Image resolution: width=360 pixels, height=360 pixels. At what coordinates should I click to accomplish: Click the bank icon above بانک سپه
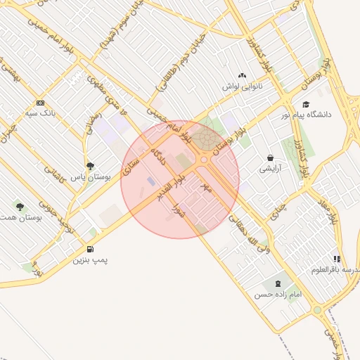coord(40,102)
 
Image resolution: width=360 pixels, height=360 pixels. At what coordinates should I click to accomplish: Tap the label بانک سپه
coord(40,112)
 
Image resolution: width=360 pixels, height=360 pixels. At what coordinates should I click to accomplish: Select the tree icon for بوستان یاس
coord(89,166)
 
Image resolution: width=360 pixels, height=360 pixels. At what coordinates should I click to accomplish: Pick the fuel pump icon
coord(90,249)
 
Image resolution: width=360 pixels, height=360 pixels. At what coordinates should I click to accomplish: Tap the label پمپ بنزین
coord(91,260)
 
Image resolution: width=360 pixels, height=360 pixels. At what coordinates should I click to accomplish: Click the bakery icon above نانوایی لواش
coord(243,75)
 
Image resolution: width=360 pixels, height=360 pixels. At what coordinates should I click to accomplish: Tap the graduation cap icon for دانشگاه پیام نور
coord(305,104)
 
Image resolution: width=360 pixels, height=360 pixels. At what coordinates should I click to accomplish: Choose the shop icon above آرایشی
coord(271,158)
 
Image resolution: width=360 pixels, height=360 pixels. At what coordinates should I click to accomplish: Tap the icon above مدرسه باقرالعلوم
coord(337,259)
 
